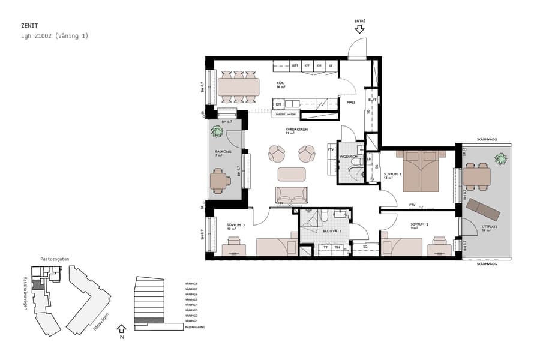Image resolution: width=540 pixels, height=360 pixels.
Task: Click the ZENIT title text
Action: [x=29, y=26]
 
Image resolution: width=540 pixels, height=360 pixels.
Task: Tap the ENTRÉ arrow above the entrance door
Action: [x=360, y=29]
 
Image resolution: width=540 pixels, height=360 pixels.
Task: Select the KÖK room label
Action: [x=280, y=83]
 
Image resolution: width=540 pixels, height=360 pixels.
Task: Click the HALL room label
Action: [x=352, y=102]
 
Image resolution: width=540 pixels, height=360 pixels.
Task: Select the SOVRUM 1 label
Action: [x=392, y=175]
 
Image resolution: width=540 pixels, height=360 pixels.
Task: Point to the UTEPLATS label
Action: [x=490, y=226]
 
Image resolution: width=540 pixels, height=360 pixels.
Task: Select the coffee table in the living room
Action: [x=291, y=174]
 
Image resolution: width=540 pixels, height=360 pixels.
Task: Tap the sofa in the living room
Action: [x=291, y=194]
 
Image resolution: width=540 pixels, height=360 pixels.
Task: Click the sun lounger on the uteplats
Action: [x=484, y=209]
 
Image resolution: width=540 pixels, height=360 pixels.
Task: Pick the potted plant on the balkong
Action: [x=216, y=131]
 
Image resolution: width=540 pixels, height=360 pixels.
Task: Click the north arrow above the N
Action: [x=122, y=328]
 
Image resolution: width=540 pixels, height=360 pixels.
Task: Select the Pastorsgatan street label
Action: [x=55, y=259]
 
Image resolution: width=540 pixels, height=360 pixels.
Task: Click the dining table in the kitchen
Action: [x=238, y=87]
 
